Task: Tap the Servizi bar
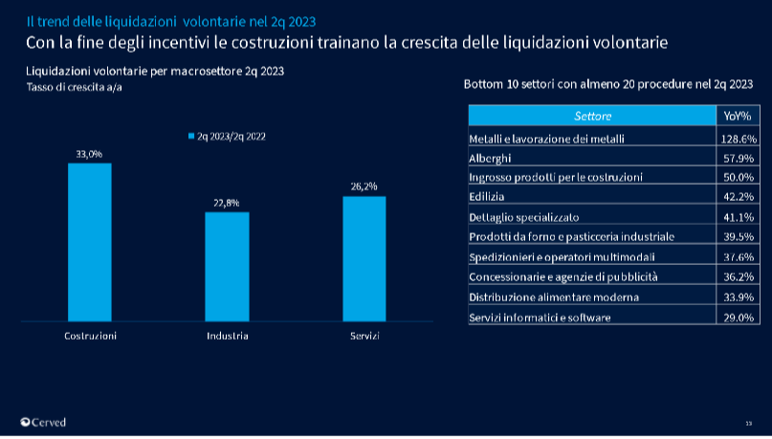pos(364,258)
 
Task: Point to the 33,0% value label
pos(90,153)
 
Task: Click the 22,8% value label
pos(227,203)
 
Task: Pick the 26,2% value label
pos(364,187)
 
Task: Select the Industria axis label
pos(227,336)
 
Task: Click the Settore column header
pos(592,116)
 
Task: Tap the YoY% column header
pos(737,116)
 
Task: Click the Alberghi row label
pos(491,158)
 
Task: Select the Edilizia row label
pos(486,197)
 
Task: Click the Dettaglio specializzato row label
pos(523,217)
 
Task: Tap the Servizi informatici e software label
pos(540,317)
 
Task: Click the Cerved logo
pos(43,422)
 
